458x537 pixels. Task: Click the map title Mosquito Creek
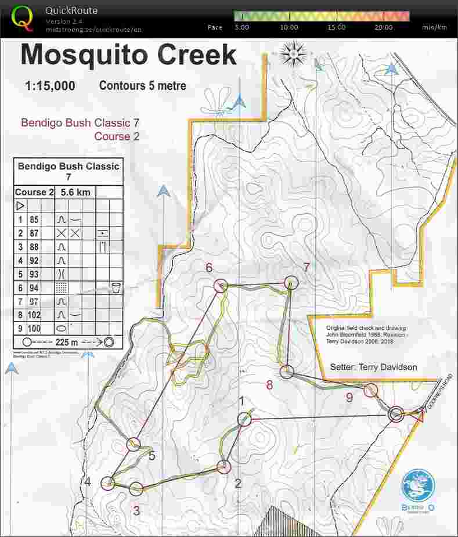(128, 56)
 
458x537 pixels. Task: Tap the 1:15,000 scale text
(50, 87)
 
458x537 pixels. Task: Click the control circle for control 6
(220, 286)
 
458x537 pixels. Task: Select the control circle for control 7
(291, 282)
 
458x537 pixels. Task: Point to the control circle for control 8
(287, 372)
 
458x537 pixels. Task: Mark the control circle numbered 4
(108, 482)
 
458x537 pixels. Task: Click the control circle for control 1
(244, 419)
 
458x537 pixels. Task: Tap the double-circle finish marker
(396, 414)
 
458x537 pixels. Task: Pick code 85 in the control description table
(34, 220)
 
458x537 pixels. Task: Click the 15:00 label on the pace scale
(336, 27)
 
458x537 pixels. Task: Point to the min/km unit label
(434, 27)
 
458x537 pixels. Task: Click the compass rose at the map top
(294, 54)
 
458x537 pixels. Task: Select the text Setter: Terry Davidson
(373, 367)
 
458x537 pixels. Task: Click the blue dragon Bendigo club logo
(418, 485)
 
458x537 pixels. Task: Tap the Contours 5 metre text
(143, 86)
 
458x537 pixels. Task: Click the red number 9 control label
(349, 397)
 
